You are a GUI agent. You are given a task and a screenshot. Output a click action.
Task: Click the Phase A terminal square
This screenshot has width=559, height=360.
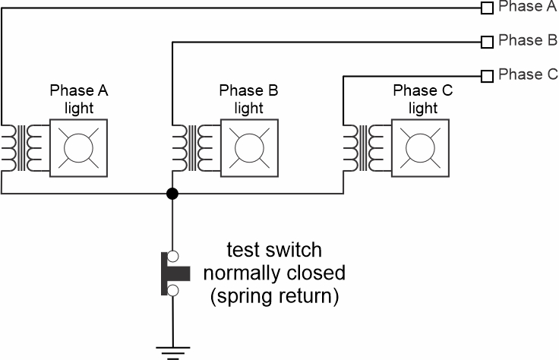click(486, 8)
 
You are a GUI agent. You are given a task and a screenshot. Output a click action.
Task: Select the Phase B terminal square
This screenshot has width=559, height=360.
click(486, 42)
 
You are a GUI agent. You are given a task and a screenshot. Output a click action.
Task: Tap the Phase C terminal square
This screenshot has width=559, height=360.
click(486, 75)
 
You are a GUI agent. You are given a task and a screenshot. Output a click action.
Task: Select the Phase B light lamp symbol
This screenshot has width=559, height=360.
click(249, 147)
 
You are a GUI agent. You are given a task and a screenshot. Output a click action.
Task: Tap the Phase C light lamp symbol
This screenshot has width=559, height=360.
click(420, 147)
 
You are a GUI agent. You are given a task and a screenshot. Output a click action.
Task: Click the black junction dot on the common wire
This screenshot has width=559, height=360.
click(172, 194)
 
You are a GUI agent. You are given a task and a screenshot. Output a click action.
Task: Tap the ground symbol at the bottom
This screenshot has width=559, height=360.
click(172, 351)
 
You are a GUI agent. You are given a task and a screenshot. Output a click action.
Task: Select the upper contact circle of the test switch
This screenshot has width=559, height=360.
click(172, 256)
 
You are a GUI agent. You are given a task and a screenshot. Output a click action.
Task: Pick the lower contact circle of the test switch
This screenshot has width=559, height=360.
click(172, 290)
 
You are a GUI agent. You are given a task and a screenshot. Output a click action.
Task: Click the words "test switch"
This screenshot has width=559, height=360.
click(274, 250)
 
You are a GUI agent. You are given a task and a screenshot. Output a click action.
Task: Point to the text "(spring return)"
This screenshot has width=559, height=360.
click(274, 295)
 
